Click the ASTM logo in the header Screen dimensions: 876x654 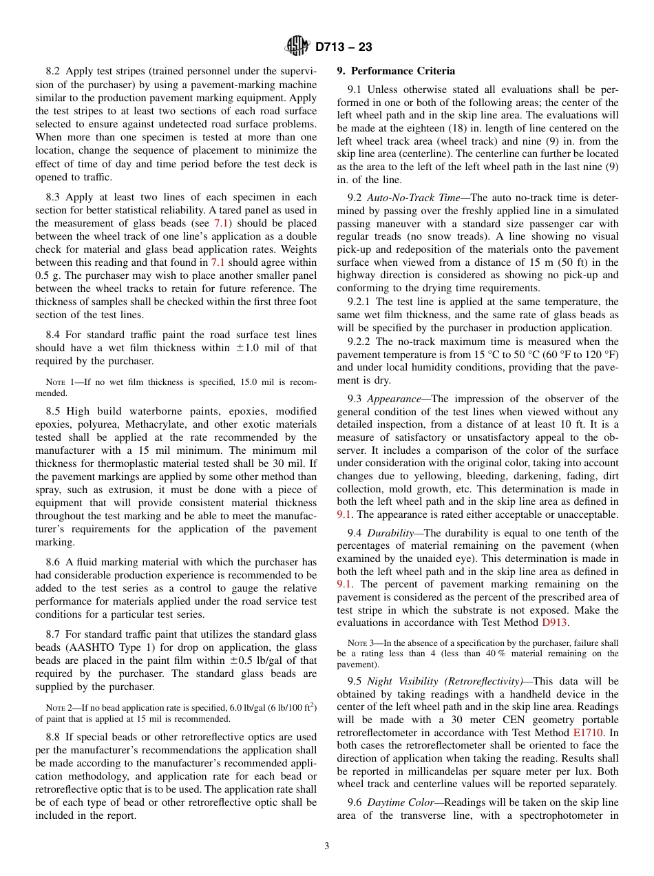297,46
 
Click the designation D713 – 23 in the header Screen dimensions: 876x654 344,47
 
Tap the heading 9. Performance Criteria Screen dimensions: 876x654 396,71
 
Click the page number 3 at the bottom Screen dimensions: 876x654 327,846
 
